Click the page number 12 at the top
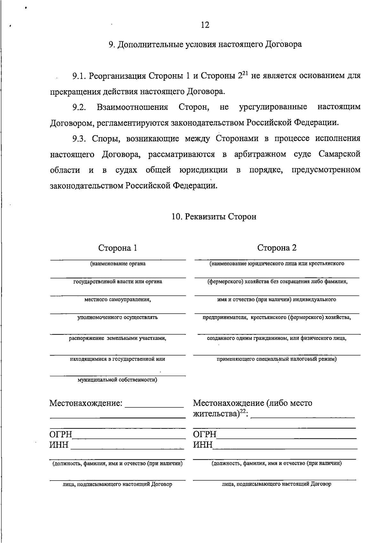click(x=205, y=25)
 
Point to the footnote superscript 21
click(x=244, y=73)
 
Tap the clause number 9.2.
click(x=79, y=107)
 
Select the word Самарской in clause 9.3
click(x=340, y=154)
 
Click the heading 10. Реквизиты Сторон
click(x=214, y=217)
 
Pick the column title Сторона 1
click(x=118, y=248)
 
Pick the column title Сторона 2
click(x=277, y=248)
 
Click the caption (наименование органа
click(x=118, y=264)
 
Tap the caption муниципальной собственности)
click(x=118, y=380)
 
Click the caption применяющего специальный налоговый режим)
click(x=277, y=359)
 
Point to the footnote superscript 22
click(x=244, y=412)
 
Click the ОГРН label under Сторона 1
click(x=61, y=435)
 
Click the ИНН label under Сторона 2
click(x=203, y=445)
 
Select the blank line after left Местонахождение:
click(x=154, y=406)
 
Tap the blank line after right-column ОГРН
click(x=286, y=437)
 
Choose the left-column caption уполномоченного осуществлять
click(x=118, y=317)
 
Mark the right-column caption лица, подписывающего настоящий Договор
click(x=277, y=484)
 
